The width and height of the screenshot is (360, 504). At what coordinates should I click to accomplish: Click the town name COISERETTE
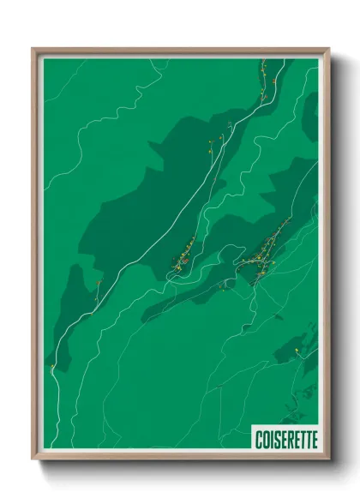pos(285,439)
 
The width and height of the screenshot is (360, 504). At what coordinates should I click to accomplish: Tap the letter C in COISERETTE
pos(258,439)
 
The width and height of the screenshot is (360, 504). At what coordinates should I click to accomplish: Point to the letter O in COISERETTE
pos(266,439)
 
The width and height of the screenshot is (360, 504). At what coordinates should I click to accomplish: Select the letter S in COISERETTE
pos(276,439)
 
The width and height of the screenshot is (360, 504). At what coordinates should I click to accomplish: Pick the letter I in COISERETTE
pos(271,439)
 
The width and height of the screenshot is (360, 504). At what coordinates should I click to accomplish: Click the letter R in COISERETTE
pos(290,439)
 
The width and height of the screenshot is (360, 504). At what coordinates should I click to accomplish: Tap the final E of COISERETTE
pos(314,439)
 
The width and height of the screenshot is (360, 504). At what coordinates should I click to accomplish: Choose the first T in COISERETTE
pos(302,439)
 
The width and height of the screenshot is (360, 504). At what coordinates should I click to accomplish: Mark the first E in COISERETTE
pos(283,439)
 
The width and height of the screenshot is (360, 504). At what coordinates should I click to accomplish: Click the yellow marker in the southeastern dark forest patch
pos(296,351)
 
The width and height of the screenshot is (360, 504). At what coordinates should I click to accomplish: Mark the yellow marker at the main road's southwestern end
pos(52,367)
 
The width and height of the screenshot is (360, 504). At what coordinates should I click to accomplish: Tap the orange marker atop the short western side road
pos(99,283)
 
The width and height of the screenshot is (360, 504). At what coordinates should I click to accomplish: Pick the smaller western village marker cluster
pos(183,257)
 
